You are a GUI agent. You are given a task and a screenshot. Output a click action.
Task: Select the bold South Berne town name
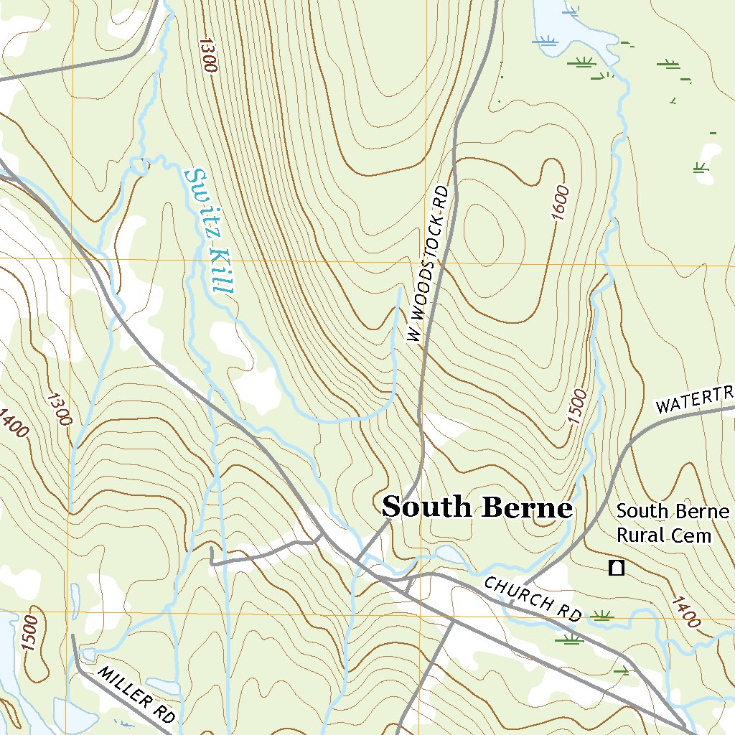[477, 507]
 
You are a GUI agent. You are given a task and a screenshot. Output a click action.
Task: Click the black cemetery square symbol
[616, 568]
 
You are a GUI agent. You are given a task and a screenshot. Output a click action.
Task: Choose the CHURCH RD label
[532, 599]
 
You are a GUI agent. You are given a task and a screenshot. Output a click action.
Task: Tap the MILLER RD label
[136, 694]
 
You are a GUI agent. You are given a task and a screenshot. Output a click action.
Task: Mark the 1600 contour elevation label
[560, 204]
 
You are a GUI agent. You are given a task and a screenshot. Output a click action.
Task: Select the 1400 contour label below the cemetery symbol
[685, 611]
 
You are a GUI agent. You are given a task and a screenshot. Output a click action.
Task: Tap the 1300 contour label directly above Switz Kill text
[207, 55]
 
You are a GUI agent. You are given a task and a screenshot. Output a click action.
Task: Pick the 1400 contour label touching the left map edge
[14, 423]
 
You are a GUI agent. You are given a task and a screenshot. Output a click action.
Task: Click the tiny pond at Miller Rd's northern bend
[88, 655]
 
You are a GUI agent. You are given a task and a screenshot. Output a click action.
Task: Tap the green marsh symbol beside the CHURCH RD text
[601, 615]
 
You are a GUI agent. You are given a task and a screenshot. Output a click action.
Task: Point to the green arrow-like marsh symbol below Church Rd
[622, 671]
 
